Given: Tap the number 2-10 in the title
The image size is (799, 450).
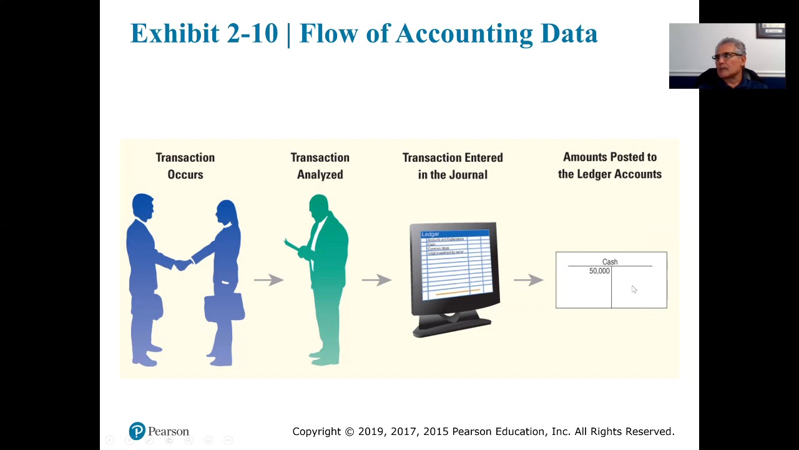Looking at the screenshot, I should [x=252, y=33].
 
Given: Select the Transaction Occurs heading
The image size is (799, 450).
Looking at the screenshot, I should [x=185, y=166].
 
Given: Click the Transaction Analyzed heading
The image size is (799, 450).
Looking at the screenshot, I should [x=320, y=166].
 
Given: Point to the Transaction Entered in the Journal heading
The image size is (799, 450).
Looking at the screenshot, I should [x=453, y=166].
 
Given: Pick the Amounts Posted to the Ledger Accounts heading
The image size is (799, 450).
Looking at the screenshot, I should [x=610, y=165].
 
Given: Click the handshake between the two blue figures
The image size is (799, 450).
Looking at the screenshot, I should [x=183, y=265].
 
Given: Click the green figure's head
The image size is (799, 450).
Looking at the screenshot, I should [x=318, y=205].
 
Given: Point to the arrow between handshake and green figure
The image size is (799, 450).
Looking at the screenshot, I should [x=268, y=280].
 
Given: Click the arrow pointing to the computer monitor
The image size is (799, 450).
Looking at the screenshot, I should [x=376, y=280].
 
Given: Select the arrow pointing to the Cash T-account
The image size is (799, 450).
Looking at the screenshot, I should [x=529, y=280].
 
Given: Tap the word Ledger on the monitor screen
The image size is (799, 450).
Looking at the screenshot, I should [x=431, y=234].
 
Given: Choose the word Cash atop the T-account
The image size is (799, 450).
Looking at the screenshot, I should [x=610, y=262].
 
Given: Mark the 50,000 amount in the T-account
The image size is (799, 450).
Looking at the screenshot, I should [x=599, y=271].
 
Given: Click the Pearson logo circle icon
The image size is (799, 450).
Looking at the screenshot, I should [x=137, y=431].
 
